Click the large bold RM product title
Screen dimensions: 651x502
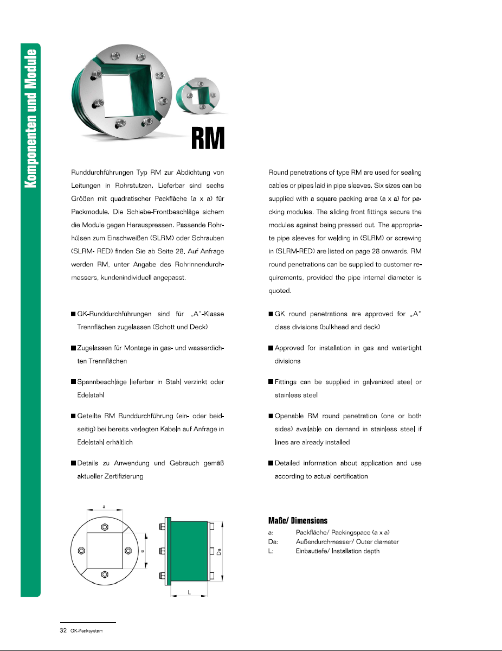[208, 139]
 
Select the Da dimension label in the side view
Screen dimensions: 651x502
[218, 551]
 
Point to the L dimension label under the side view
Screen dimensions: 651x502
[189, 593]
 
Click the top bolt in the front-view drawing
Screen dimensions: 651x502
[105, 527]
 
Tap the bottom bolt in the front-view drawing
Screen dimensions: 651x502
[105, 574]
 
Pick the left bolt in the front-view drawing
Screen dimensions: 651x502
[81, 551]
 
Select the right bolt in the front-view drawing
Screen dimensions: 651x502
[128, 551]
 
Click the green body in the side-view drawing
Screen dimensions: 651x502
[189, 551]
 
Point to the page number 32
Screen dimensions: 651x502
[63, 630]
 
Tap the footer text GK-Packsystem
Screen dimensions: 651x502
[87, 631]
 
